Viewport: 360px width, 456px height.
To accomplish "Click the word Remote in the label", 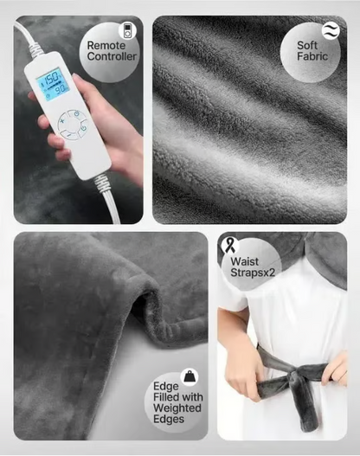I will tap(106, 44).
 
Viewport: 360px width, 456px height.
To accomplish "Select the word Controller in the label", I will tap(112, 57).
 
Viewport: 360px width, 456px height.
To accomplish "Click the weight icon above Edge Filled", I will tap(189, 376).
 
